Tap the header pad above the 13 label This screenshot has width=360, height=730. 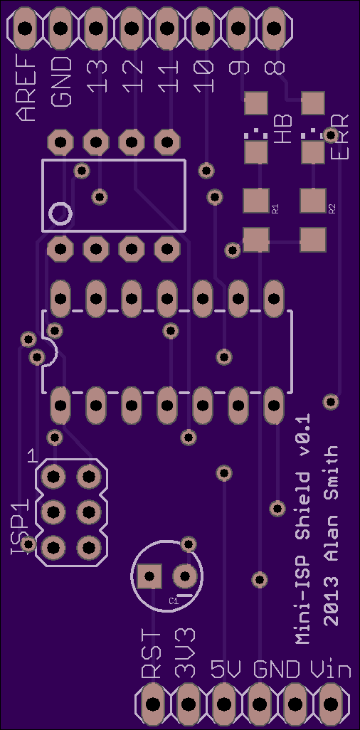[97, 29]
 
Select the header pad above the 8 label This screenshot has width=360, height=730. [275, 29]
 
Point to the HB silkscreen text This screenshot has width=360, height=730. [282, 129]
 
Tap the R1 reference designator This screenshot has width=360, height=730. [275, 208]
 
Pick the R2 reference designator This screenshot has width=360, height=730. [332, 208]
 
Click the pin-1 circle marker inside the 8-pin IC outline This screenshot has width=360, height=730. [60, 213]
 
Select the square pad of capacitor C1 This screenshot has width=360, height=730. [149, 576]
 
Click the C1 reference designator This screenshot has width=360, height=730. [174, 601]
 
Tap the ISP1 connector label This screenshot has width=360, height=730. [21, 526]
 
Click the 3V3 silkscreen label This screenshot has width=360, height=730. [186, 654]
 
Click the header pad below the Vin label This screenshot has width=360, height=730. [331, 704]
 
